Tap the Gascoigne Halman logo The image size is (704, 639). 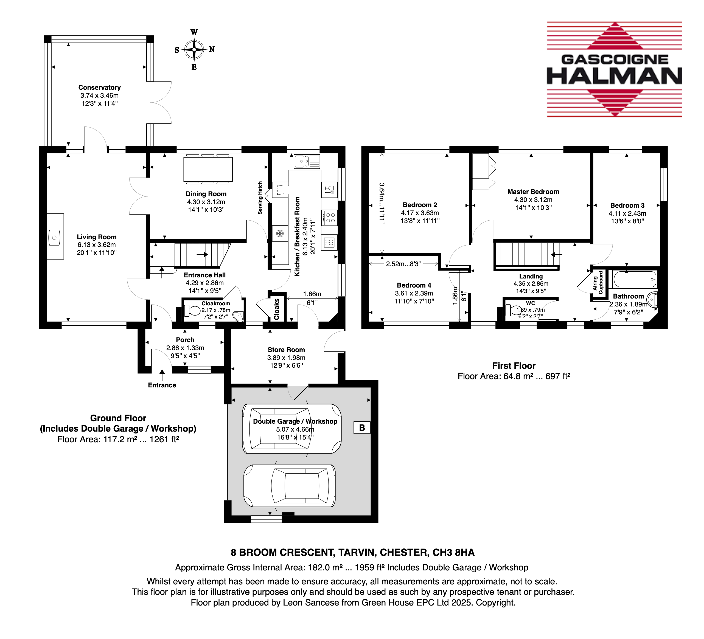(614, 69)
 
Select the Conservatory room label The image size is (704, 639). (100, 88)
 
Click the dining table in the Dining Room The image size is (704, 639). (208, 169)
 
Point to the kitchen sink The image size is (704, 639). (307, 161)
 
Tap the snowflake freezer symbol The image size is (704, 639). (280, 233)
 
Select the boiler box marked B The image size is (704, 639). (362, 427)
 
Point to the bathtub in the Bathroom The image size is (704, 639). (635, 280)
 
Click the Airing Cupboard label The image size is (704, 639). (598, 283)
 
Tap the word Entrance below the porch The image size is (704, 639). (162, 385)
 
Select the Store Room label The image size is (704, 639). (286, 350)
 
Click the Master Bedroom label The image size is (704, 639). (533, 192)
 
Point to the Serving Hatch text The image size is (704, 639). (260, 198)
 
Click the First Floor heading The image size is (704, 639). (514, 366)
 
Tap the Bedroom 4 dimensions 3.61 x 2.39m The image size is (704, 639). (414, 294)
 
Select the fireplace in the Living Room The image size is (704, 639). (55, 236)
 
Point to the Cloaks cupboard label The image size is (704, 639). (277, 309)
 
